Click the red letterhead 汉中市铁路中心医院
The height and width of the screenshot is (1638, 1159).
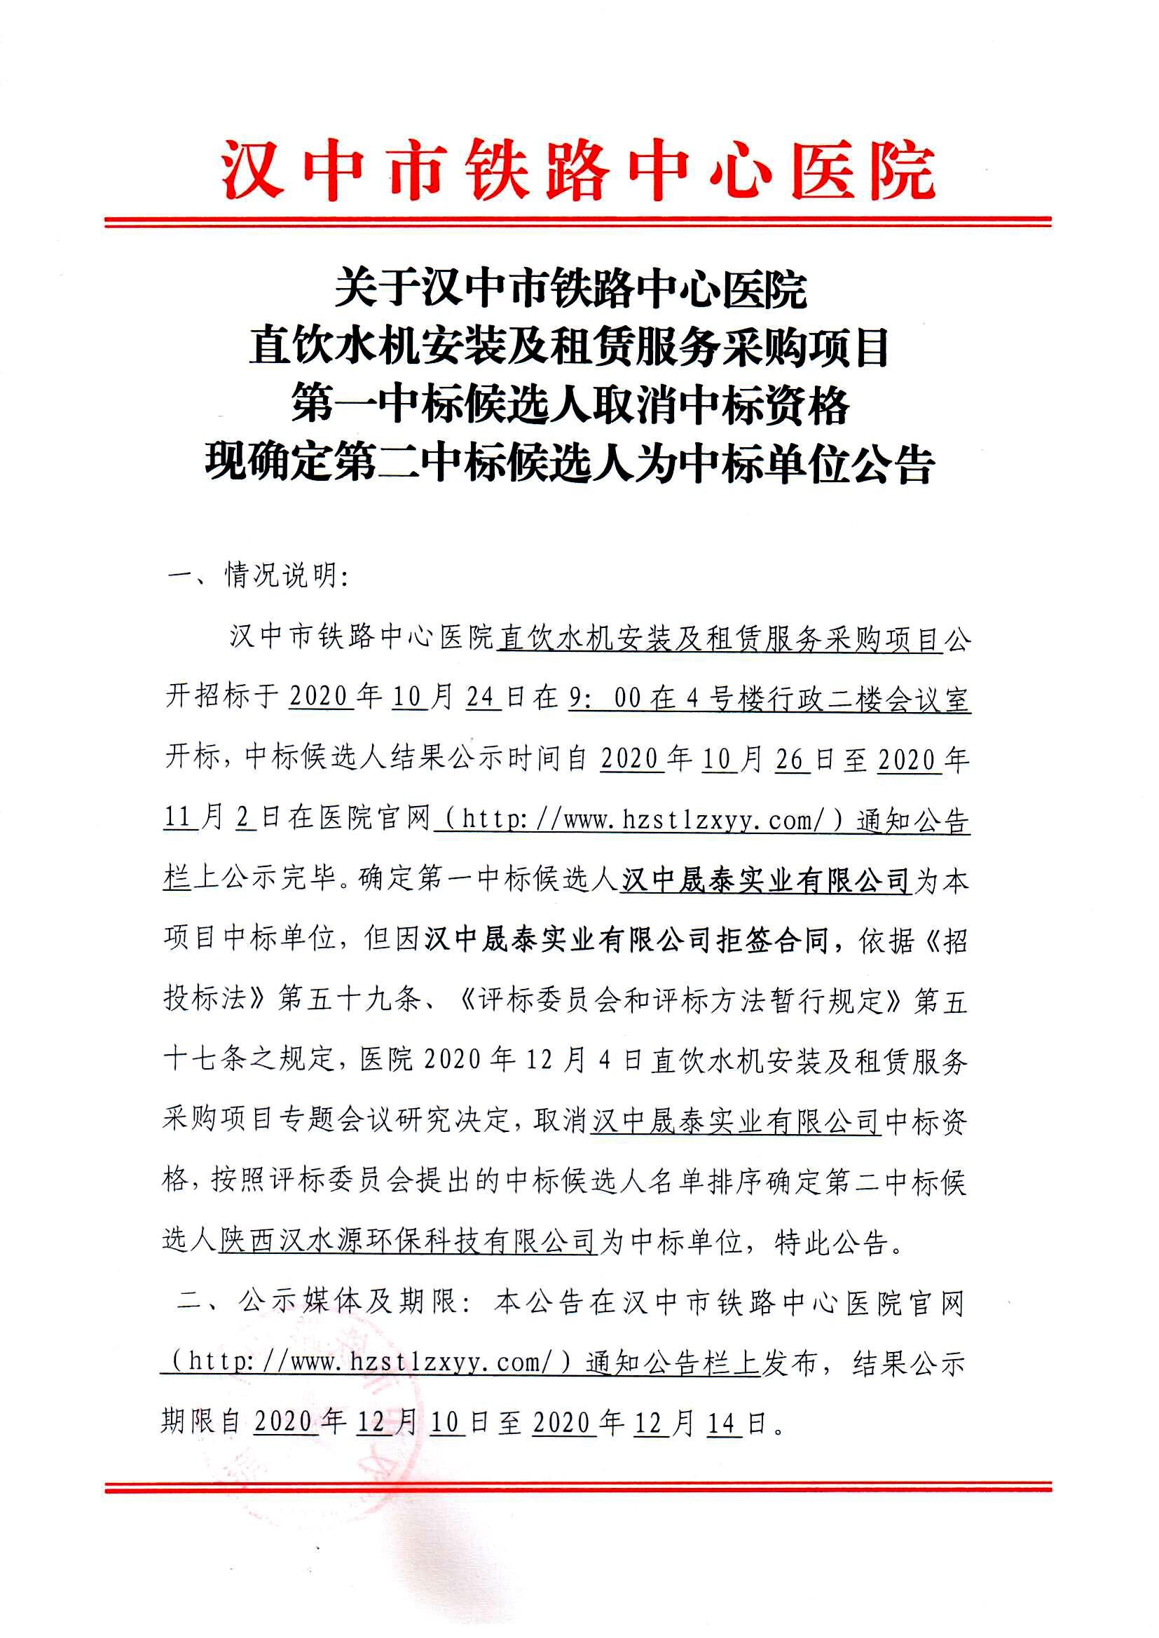(578, 172)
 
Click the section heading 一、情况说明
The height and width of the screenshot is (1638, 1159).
(257, 575)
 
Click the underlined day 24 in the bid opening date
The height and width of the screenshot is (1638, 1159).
(484, 697)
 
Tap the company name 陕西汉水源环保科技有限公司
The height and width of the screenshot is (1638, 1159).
(407, 1242)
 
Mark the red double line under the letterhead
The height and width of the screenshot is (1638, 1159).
(578, 222)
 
